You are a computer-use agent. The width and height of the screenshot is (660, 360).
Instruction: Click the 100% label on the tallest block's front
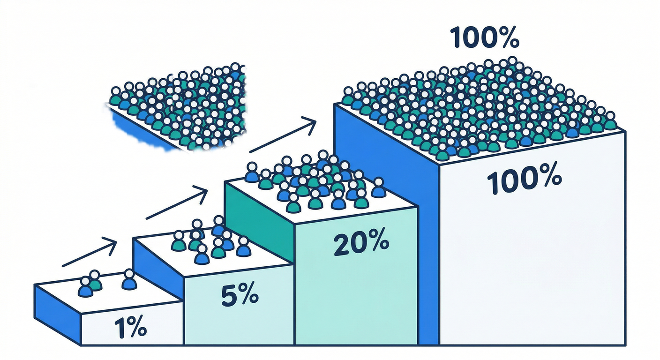click(524, 182)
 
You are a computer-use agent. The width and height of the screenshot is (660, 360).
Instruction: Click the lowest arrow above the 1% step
click(89, 253)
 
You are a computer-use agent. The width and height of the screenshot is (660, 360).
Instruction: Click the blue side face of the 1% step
click(57, 307)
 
